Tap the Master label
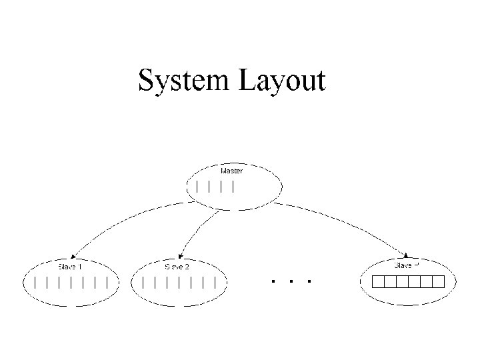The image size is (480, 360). tap(231, 171)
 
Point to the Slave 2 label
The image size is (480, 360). tap(177, 267)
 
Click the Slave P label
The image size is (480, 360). tap(407, 265)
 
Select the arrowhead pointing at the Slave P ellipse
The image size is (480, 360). tap(408, 256)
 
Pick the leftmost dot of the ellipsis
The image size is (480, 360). tap(274, 281)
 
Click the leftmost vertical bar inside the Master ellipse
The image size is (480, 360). tap(197, 187)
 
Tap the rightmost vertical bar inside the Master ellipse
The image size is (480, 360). tap(233, 187)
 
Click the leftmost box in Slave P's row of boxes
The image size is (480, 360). tap(378, 281)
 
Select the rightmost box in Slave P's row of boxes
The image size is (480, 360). tap(437, 281)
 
